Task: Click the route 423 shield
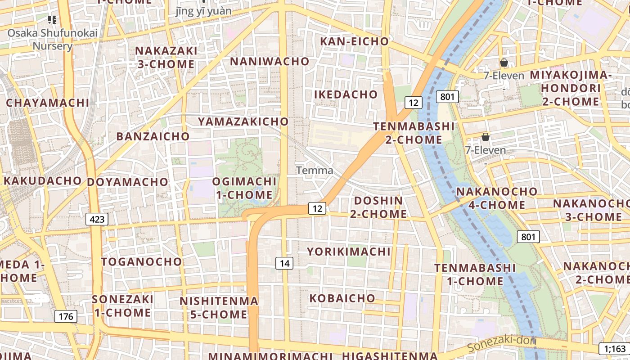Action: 97,219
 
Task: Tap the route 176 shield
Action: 66,316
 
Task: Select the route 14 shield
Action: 284,263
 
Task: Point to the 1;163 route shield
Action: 615,348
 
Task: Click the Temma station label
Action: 315,171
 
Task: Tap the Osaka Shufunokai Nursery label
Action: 52,39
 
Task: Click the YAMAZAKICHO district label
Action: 243,121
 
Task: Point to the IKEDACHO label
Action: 346,94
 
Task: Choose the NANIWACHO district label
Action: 270,61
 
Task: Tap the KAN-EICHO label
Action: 354,41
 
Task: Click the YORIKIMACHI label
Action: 349,252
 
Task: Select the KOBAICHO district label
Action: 342,298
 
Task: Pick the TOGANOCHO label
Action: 141,262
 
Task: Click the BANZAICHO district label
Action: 153,136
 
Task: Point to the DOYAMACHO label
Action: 127,182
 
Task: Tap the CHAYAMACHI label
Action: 48,103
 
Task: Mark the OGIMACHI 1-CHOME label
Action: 244,188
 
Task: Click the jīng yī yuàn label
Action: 203,11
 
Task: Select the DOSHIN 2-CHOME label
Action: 378,207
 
